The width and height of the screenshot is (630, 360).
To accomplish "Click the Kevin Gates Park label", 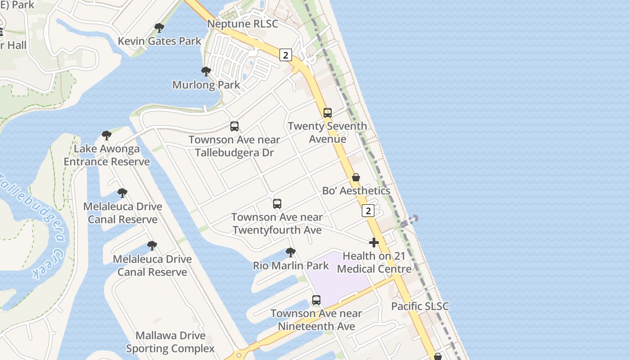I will coord(159,41).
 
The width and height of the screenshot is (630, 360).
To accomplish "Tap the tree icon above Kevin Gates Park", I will coord(159,28).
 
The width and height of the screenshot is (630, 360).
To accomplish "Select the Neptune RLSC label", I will coord(243,24).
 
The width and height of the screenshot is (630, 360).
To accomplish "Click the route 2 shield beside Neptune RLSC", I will coord(285,55).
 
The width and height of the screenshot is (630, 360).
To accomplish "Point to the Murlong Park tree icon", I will coord(206,72).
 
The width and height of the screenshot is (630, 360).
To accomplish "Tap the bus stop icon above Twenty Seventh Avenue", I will coord(328,113).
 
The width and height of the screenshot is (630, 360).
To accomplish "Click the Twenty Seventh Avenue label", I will coord(327,132).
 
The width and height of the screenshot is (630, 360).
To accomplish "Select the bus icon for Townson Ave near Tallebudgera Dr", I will coord(234,126).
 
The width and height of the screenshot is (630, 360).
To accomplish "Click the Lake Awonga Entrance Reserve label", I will coord(107,155).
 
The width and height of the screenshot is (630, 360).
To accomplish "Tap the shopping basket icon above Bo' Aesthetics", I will coord(356,177).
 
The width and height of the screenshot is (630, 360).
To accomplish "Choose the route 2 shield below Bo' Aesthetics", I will coord(368,210).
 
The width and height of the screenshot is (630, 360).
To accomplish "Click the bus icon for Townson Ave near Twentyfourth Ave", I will coord(277,204).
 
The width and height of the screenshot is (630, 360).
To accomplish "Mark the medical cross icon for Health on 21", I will coord(373,243).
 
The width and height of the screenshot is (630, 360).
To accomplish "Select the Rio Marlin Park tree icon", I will coord(291,252).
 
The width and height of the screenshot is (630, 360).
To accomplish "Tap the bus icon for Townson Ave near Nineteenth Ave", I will coord(316,300).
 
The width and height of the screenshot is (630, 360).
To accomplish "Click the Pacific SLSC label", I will coord(420,306).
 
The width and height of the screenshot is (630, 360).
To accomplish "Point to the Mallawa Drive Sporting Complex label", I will coord(170,342).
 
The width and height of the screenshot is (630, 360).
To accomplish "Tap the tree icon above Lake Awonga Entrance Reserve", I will coord(106,135).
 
